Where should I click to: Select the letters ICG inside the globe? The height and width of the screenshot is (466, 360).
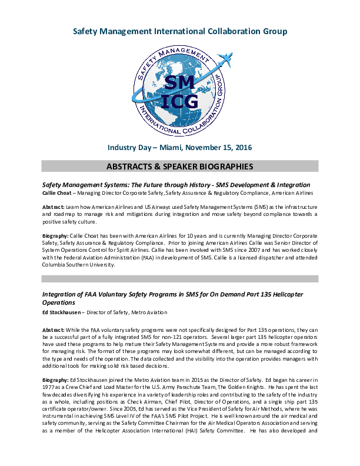click(180, 101)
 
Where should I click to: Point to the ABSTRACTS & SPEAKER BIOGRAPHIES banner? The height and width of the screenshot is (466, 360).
click(180, 167)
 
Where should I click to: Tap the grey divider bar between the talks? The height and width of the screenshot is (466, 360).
click(180, 278)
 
